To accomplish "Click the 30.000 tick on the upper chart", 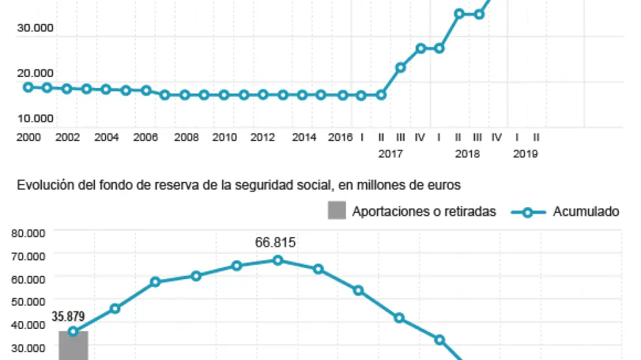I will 36,28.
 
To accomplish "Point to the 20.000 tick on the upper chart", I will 36,73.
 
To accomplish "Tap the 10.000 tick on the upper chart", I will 36,118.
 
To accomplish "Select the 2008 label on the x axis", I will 186,137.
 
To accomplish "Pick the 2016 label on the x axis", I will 340,137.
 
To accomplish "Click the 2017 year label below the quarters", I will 390,154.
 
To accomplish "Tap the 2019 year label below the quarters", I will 525,154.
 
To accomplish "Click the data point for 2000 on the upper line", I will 28,87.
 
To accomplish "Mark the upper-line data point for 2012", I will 263,95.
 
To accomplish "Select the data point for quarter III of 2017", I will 400,67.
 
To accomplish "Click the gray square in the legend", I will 337,211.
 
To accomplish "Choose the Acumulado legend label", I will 586,212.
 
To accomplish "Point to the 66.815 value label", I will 275,243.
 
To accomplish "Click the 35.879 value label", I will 68,317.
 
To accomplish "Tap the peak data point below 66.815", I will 278,260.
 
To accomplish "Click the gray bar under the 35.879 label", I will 73,346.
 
